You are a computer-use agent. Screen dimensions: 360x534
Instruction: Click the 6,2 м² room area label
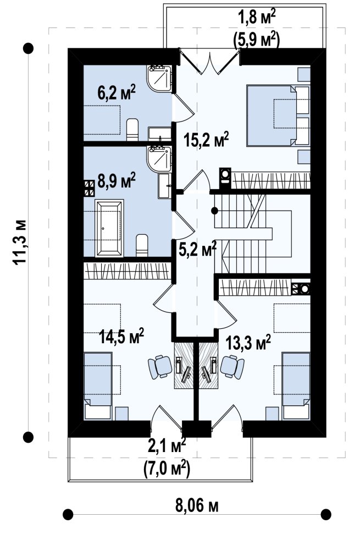[x=117, y=92]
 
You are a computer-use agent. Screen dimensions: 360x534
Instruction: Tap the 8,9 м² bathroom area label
[x=117, y=180]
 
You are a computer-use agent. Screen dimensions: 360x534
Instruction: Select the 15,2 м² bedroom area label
[x=206, y=139]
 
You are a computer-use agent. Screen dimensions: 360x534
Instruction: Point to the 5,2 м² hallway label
[x=198, y=249]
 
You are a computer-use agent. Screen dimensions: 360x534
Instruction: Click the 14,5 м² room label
[x=121, y=336]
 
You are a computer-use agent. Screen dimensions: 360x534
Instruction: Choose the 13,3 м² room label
[x=248, y=342]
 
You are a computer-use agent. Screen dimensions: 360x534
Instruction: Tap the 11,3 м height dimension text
[x=19, y=242]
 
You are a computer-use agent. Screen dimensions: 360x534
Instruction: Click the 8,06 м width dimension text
[x=197, y=506]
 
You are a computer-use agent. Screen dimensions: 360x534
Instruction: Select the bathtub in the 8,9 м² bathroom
[x=110, y=228]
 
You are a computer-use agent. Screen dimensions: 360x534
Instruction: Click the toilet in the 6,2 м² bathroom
[x=132, y=130]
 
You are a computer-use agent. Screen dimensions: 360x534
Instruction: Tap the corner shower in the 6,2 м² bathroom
[x=159, y=79]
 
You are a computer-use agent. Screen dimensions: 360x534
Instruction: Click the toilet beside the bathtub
[x=142, y=245]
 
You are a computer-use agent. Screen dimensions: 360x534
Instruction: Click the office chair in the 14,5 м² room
[x=159, y=367]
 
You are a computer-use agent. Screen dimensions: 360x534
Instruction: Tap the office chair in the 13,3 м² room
[x=232, y=367]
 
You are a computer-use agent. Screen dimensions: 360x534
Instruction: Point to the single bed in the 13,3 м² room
[x=296, y=386]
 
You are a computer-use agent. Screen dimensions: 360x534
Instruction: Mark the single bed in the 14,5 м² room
[x=98, y=386]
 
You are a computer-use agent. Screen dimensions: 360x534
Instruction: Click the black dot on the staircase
[x=214, y=211]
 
